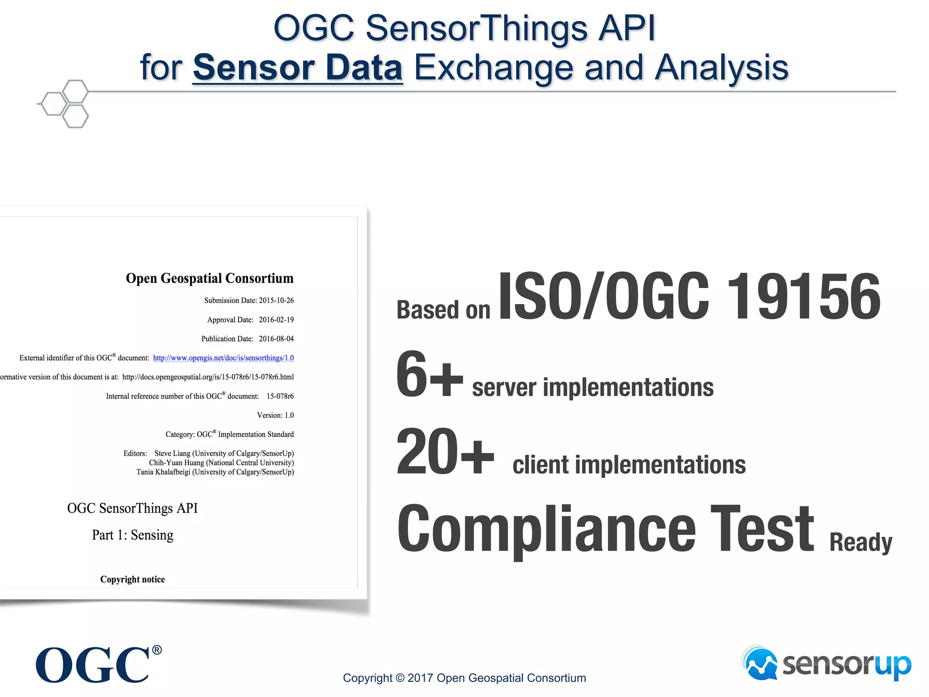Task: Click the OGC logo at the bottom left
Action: point(93,665)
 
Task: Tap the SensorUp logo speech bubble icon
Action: point(761,663)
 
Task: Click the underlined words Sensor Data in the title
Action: point(298,68)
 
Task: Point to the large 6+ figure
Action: point(429,374)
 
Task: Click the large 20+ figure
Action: point(445,452)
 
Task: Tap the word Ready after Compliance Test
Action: point(860,542)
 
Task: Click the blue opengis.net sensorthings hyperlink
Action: point(223,358)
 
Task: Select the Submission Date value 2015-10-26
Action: point(276,300)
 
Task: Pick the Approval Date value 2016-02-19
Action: point(276,320)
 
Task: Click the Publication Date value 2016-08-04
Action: point(276,339)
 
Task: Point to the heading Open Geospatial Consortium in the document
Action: point(210,278)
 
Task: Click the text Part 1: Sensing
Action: point(132,535)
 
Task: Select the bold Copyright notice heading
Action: point(132,579)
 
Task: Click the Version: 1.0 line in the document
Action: point(275,415)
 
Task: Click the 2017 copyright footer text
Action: point(464,678)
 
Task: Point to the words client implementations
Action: point(629,465)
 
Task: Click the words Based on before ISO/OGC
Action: point(443,310)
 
